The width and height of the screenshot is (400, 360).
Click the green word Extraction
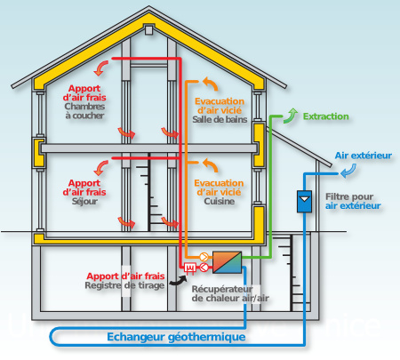click(x=326, y=116)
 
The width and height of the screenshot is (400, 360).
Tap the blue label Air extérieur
click(x=363, y=156)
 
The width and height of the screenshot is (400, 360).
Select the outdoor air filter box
click(x=306, y=201)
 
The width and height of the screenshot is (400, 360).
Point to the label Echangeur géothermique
click(x=176, y=337)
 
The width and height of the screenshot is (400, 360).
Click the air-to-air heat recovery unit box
click(x=227, y=262)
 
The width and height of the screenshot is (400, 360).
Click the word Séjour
click(x=84, y=201)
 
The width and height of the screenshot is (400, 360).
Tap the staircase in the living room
click(x=157, y=191)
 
